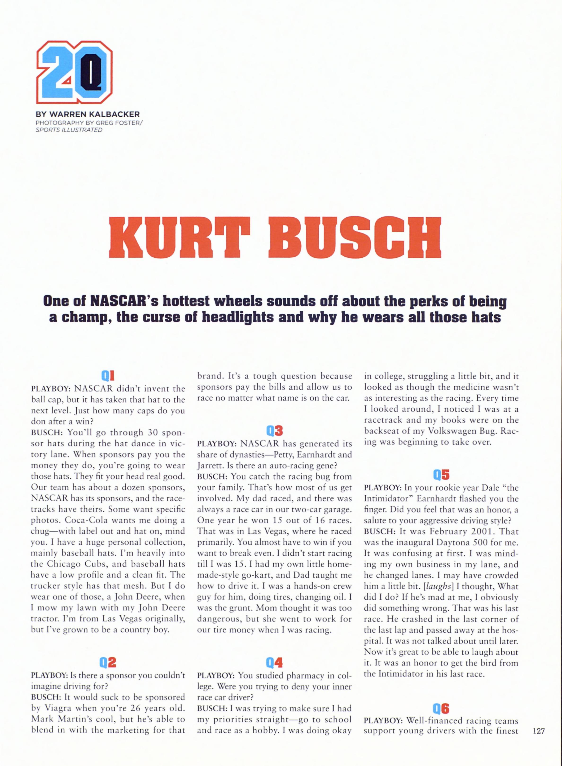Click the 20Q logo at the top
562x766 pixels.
point(74,72)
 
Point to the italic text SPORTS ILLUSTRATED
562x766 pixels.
point(69,130)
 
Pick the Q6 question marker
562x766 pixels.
point(441,709)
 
